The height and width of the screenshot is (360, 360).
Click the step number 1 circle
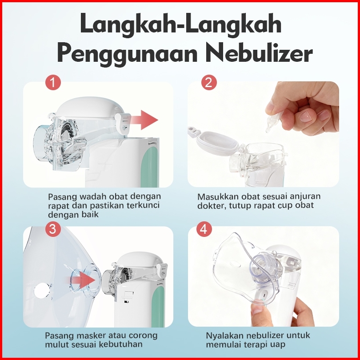pos(53,82)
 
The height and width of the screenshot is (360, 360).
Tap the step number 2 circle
pos(209,82)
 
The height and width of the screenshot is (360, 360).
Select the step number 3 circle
pos(53,229)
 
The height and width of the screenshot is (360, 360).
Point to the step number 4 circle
pos(204,229)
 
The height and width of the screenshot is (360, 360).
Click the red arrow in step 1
pos(144,120)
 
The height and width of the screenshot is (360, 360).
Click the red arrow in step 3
pos(81,280)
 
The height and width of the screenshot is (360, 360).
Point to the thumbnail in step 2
pos(306,116)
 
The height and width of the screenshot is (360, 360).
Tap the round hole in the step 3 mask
pos(42,290)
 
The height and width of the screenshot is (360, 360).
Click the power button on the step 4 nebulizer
pos(264,295)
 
